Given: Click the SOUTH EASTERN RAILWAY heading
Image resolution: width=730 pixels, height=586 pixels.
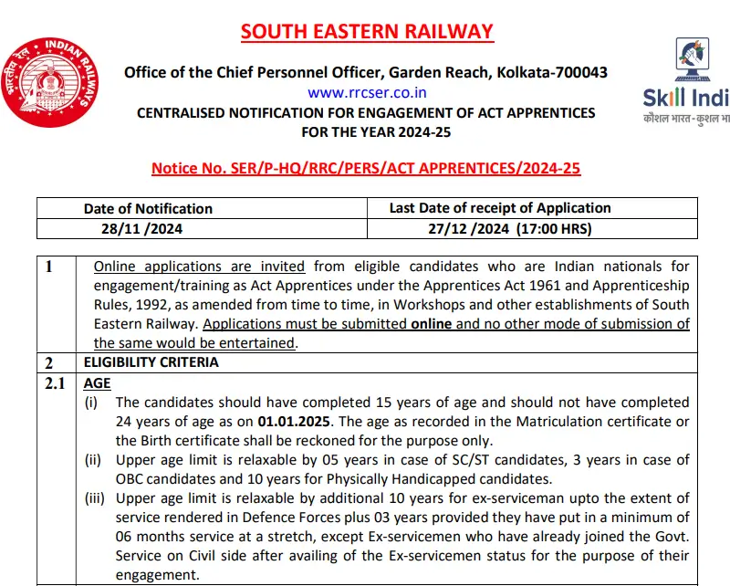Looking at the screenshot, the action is point(367,32).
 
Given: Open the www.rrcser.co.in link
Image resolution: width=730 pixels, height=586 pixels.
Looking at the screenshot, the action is point(367,92).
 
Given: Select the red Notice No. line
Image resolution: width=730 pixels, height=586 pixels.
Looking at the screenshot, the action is point(366,168).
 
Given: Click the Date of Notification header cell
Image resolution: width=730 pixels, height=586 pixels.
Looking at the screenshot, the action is point(148,208).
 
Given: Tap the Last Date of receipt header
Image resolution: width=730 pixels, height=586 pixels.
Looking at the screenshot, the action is point(499,208).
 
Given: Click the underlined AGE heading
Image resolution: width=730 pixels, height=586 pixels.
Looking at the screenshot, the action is point(97,383).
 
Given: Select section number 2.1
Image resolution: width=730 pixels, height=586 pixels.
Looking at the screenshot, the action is point(55,383).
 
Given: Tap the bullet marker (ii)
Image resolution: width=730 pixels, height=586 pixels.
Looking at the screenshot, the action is point(94,460).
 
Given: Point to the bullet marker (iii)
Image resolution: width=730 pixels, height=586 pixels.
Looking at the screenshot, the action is point(96,498).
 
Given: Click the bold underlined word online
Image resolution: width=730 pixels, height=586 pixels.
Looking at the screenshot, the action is point(433,324).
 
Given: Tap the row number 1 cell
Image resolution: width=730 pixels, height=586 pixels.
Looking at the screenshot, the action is point(49,267).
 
